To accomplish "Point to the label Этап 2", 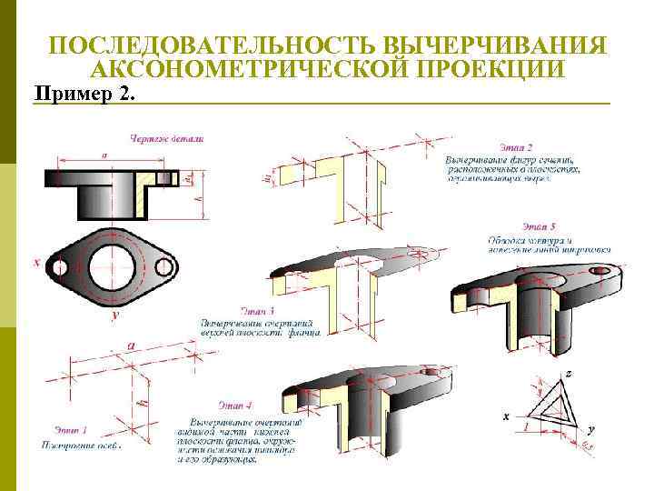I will [516, 146].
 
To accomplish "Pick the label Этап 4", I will [235, 404].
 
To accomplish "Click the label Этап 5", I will [540, 225].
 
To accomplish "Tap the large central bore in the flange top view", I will [113, 267].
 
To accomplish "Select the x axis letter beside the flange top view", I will [37, 263].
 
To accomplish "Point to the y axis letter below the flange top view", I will [115, 316].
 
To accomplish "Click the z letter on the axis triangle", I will [568, 374].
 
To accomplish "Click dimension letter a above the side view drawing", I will [104, 155].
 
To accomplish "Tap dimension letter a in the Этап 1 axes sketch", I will [132, 346].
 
